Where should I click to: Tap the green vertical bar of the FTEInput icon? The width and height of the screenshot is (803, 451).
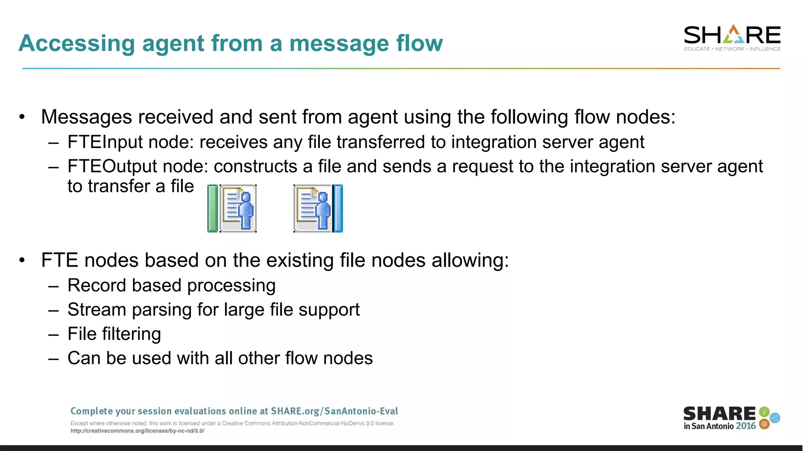pyautogui.click(x=212, y=209)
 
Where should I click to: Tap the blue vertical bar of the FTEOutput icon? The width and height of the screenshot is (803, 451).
pyautogui.click(x=338, y=209)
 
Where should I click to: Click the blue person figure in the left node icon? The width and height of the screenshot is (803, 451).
pyautogui.click(x=246, y=210)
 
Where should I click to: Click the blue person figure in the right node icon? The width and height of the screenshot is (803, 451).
pyautogui.click(x=323, y=210)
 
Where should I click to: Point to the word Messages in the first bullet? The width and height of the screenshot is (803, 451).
pyautogui.click(x=86, y=117)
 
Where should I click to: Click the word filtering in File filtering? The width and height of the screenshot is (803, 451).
pyautogui.click(x=131, y=334)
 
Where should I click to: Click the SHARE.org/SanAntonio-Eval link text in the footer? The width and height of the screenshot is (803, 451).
pyautogui.click(x=334, y=411)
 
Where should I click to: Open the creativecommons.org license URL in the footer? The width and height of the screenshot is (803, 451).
pyautogui.click(x=137, y=431)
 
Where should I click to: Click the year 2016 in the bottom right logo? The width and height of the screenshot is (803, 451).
pyautogui.click(x=745, y=426)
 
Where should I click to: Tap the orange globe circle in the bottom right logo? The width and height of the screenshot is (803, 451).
pyautogui.click(x=764, y=424)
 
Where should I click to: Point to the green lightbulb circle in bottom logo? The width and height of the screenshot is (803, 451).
pyautogui.click(x=764, y=411)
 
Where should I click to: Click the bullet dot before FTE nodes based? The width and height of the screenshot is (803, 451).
pyautogui.click(x=22, y=260)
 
